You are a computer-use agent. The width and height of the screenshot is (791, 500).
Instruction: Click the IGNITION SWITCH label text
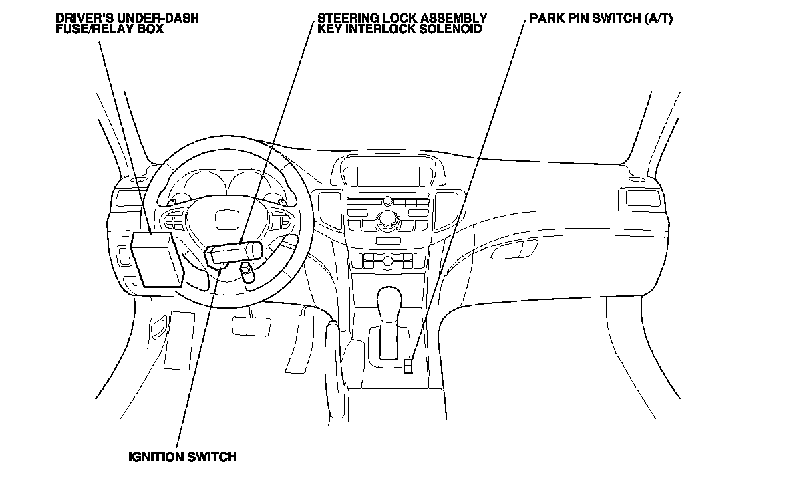click(182, 457)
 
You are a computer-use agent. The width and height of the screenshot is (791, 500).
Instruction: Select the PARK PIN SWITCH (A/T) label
click(601, 19)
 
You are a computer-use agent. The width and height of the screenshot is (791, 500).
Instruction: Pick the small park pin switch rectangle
click(408, 365)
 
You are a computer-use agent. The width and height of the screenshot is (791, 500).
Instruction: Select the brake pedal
click(251, 326)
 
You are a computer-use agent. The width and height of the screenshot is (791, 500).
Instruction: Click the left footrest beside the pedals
click(176, 341)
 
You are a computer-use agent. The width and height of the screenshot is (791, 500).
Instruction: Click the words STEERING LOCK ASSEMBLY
click(402, 19)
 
